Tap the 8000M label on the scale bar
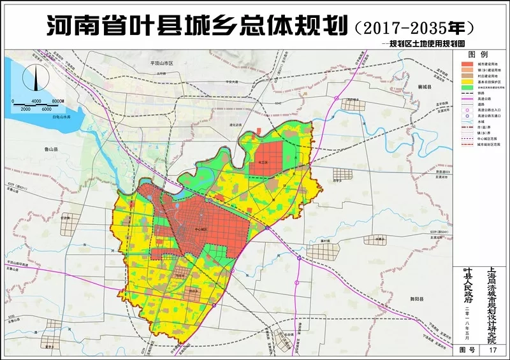point(58,102)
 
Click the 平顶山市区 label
point(162,64)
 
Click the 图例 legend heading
point(478,55)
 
